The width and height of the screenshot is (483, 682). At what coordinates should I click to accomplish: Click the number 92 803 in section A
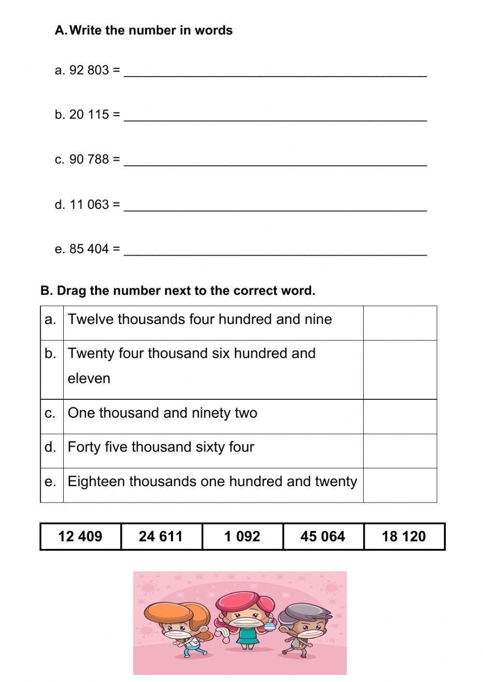89,70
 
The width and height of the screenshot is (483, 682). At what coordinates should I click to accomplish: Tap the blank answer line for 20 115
275,116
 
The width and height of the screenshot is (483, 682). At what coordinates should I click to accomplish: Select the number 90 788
89,159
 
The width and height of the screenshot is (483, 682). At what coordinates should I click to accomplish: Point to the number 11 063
89,205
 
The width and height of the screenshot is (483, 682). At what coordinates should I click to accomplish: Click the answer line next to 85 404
275,250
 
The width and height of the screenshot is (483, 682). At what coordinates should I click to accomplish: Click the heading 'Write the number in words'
151,30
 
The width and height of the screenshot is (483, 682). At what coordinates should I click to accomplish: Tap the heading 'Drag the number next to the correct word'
178,291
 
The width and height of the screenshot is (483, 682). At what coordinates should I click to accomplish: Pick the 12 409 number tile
80,536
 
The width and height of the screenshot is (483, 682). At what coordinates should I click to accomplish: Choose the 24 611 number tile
161,536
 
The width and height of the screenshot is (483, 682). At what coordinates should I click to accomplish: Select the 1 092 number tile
242,536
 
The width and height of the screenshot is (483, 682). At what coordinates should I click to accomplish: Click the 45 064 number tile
323,536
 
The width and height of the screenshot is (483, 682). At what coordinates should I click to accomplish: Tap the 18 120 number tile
404,536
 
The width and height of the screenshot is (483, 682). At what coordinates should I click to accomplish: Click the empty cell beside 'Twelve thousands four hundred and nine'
400,323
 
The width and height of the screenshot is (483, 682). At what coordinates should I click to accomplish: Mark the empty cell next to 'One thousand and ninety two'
400,416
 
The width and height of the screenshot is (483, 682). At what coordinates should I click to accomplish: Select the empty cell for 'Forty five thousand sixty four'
400,450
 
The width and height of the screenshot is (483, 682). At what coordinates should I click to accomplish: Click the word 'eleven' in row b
89,379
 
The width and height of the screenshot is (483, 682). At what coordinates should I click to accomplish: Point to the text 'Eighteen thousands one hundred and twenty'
213,481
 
